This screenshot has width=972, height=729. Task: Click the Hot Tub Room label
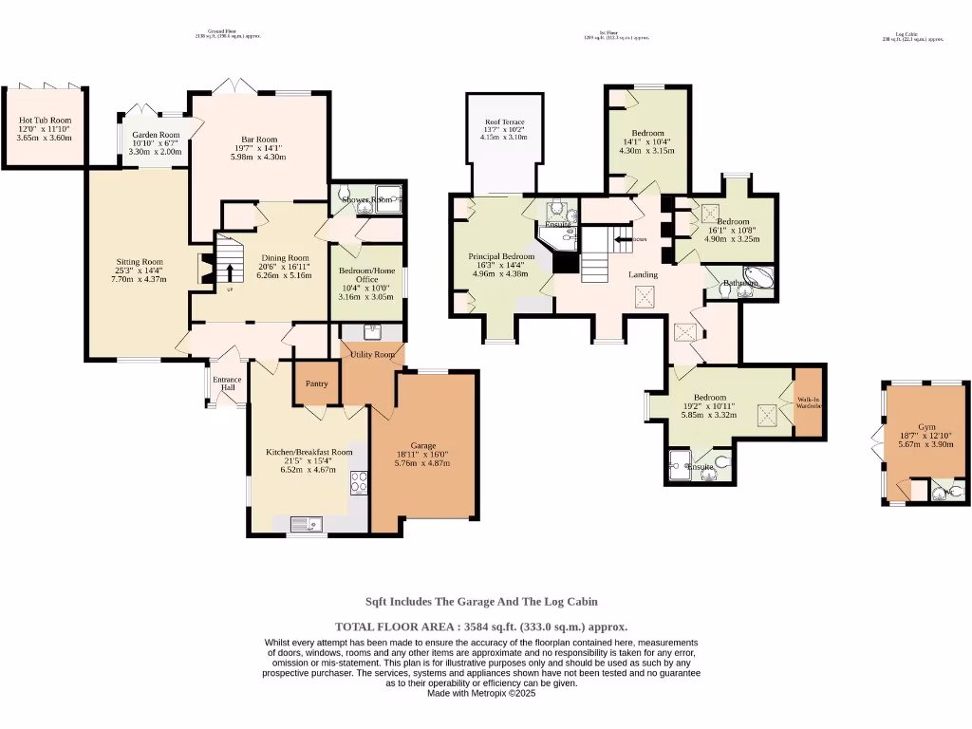(x=45, y=121)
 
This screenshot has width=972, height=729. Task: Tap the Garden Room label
(x=156, y=136)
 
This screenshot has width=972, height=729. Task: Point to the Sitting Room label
(x=140, y=262)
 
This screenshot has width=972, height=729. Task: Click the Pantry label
(x=315, y=383)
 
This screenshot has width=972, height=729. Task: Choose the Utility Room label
(x=372, y=354)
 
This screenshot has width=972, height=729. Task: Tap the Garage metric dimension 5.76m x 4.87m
(x=422, y=463)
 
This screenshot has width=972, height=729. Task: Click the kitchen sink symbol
(x=307, y=523)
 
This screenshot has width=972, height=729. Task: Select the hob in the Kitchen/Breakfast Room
(x=359, y=482)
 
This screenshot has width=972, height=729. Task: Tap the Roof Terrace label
(x=504, y=122)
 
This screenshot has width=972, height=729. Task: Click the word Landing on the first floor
(x=643, y=275)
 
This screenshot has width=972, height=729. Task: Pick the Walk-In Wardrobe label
(x=808, y=402)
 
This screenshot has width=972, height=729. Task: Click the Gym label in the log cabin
(x=926, y=427)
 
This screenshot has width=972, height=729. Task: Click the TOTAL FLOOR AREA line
(x=481, y=626)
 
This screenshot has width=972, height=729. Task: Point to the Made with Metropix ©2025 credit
(x=481, y=694)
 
